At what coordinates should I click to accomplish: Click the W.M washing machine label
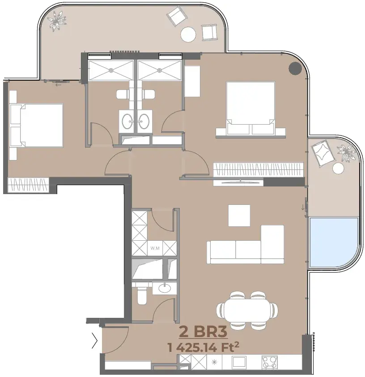(155, 248)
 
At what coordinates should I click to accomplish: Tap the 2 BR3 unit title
(203, 332)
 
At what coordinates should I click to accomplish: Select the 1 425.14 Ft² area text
(204, 347)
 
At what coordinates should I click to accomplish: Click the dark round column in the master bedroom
(295, 68)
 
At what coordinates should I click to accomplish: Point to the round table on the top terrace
(188, 34)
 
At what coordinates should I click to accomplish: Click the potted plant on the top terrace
(57, 21)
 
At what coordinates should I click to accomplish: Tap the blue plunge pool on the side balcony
(334, 243)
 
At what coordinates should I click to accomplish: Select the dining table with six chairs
(247, 310)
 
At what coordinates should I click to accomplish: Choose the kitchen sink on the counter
(239, 362)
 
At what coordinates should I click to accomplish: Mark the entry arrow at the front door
(95, 340)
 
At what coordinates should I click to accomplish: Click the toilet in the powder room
(142, 295)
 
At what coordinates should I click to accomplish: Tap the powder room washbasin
(165, 288)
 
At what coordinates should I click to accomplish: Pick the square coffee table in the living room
(239, 216)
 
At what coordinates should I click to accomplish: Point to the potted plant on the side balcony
(346, 152)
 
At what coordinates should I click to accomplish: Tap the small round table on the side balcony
(338, 168)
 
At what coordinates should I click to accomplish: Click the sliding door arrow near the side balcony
(303, 207)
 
